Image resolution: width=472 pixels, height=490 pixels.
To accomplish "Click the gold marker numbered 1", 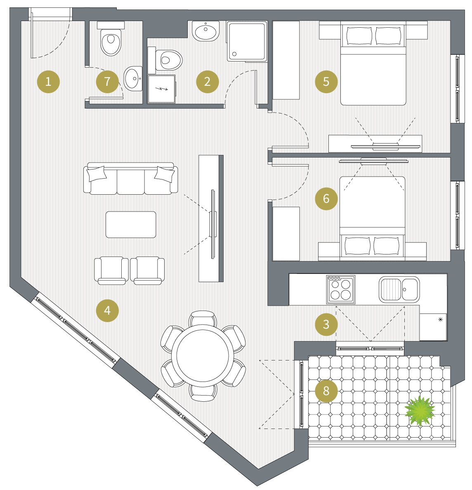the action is [x=48, y=82].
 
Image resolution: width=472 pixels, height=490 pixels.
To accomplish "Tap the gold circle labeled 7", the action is [x=107, y=82].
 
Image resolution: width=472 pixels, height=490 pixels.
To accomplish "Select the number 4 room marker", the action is [x=107, y=310].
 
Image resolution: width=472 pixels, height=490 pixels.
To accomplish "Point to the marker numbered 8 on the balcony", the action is [x=326, y=391].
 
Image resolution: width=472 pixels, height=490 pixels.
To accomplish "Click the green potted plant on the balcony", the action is [x=420, y=411].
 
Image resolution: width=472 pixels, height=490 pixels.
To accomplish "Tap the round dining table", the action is [x=203, y=356].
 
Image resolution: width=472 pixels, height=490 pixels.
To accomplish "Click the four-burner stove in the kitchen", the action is [x=341, y=290].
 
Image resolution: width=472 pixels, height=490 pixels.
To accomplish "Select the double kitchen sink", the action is [x=399, y=290].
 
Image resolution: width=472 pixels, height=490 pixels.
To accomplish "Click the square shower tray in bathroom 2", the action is [x=247, y=41].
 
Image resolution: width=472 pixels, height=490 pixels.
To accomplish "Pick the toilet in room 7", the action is [x=111, y=39].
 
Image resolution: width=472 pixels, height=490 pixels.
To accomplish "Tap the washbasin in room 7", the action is [x=133, y=78].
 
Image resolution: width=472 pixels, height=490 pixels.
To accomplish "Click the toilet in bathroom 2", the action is [x=166, y=60].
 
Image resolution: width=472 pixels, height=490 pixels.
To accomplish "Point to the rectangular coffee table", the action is [x=131, y=224].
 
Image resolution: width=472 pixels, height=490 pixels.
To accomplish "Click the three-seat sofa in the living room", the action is [x=131, y=178].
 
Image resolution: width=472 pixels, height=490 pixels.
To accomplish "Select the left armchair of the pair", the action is [x=111, y=270].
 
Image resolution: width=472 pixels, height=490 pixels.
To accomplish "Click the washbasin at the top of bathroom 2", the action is [x=206, y=31].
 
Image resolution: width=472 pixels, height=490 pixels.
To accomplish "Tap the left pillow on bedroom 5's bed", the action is [x=359, y=35].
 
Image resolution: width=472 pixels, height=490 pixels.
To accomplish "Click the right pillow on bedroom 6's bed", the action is [x=387, y=245].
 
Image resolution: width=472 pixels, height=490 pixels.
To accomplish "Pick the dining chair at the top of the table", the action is [x=203, y=318].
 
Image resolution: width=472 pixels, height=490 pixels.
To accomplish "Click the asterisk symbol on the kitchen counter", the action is [x=441, y=319].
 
